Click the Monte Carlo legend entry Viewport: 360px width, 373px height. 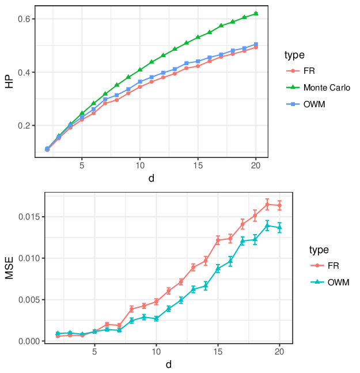[318, 88]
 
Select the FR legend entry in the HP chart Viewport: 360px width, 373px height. [301, 71]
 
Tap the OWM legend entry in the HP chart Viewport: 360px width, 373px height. [306, 104]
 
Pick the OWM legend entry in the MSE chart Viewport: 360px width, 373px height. [330, 282]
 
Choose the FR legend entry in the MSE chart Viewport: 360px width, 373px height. [325, 265]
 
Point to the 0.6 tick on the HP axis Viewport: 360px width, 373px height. [24, 19]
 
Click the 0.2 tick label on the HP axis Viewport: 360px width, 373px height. [24, 125]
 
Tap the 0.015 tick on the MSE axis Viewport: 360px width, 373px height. [29, 217]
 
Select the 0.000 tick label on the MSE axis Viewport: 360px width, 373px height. [29, 341]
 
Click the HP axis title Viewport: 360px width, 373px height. [9, 82]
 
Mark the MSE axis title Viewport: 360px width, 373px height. [9, 268]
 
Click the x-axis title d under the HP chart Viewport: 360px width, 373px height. [151, 178]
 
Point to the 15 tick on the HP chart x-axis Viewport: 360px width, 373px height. [198, 165]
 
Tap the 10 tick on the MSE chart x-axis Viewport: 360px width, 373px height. [156, 352]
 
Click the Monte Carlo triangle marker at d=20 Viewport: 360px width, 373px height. [256, 13]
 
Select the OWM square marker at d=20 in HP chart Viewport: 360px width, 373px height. [256, 44]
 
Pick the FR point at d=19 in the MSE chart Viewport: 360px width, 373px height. [267, 204]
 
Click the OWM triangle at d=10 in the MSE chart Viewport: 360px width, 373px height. [156, 319]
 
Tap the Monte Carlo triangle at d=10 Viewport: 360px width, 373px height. [140, 69]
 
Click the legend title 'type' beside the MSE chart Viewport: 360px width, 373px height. [319, 250]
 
